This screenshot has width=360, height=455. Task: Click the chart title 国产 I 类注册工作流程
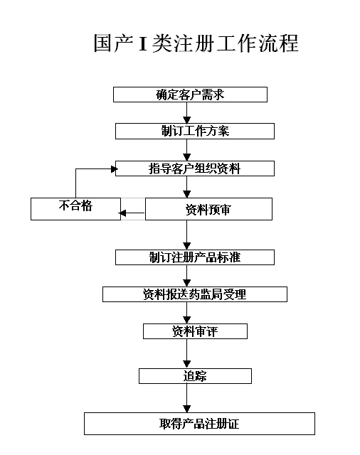click(x=196, y=43)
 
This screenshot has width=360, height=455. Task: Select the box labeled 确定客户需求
click(x=190, y=95)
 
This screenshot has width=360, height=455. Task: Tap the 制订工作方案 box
click(x=195, y=131)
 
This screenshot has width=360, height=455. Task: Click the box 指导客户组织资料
click(x=195, y=168)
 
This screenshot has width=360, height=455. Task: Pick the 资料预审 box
click(x=208, y=209)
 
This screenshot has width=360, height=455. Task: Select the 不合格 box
click(x=75, y=209)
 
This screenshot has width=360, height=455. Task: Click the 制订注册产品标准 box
click(x=195, y=257)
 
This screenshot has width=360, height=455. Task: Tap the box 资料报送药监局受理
click(x=195, y=294)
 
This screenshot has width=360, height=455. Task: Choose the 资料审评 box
click(x=195, y=331)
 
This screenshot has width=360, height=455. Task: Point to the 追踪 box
click(x=195, y=376)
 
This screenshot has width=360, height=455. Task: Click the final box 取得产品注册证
click(x=199, y=424)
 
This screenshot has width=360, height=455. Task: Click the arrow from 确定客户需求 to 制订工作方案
click(x=187, y=113)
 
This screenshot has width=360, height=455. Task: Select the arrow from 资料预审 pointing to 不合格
click(x=132, y=213)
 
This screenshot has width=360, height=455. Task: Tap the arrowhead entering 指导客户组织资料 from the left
click(x=115, y=169)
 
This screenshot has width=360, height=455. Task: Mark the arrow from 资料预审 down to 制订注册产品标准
click(x=187, y=235)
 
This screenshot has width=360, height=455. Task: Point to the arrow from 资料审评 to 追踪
click(x=187, y=354)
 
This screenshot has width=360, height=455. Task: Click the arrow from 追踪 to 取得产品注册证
click(x=187, y=398)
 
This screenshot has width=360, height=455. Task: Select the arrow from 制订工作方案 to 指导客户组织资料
click(x=187, y=150)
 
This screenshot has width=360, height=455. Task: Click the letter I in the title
click(x=142, y=43)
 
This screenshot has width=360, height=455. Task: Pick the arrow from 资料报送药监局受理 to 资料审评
click(x=187, y=313)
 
